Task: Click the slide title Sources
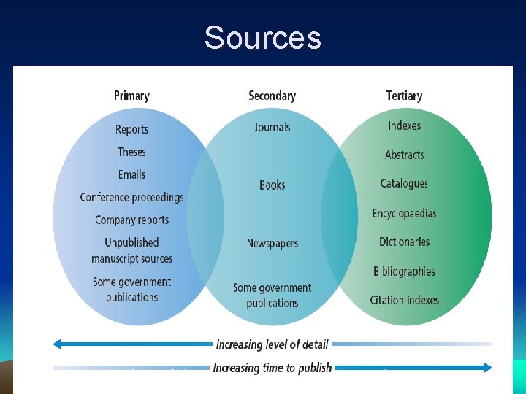pyautogui.click(x=262, y=37)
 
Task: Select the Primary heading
pyautogui.click(x=131, y=96)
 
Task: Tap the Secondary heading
pyautogui.click(x=272, y=96)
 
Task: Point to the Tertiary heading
pyautogui.click(x=404, y=96)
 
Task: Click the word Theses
pyautogui.click(x=131, y=152)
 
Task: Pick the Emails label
pyautogui.click(x=131, y=174)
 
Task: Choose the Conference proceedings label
pyautogui.click(x=131, y=197)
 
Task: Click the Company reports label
pyautogui.click(x=131, y=220)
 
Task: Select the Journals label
pyautogui.click(x=272, y=127)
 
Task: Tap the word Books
pyautogui.click(x=272, y=185)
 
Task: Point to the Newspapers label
pyautogui.click(x=272, y=243)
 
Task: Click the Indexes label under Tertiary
pyautogui.click(x=404, y=125)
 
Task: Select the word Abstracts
pyautogui.click(x=404, y=155)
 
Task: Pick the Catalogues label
pyautogui.click(x=404, y=183)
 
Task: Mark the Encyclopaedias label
pyautogui.click(x=404, y=213)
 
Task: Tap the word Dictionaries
pyautogui.click(x=404, y=242)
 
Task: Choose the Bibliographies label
pyautogui.click(x=404, y=271)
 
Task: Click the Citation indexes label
pyautogui.click(x=404, y=300)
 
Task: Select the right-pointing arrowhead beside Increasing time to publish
pyautogui.click(x=487, y=368)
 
